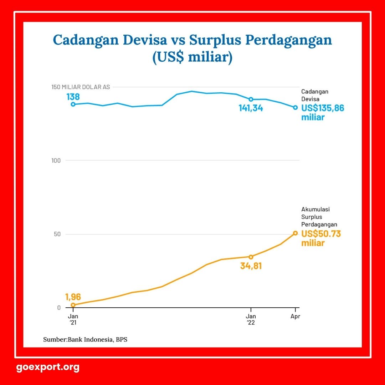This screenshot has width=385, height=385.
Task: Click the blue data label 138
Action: (x=73, y=97)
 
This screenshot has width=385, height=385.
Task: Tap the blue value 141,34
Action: (x=251, y=108)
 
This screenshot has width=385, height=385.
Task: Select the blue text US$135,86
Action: (x=323, y=108)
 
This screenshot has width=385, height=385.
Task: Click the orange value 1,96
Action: (x=73, y=297)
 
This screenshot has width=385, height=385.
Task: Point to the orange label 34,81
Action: (x=251, y=266)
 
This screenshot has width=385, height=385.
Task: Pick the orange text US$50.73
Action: (x=321, y=234)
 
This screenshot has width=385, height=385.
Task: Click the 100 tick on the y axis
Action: (x=56, y=160)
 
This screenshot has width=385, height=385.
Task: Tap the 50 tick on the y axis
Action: (x=57, y=234)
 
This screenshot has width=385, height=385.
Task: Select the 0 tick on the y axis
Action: (x=59, y=308)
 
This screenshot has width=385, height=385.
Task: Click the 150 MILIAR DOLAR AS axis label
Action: (x=81, y=87)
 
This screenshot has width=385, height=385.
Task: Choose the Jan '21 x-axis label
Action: (x=73, y=319)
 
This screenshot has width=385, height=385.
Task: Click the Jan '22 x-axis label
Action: (x=251, y=319)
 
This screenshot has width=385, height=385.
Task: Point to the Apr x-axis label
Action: (x=295, y=317)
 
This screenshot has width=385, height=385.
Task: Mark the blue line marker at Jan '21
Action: (x=73, y=104)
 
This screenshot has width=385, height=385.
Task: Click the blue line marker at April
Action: (x=296, y=108)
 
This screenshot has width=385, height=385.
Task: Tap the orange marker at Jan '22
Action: (x=251, y=257)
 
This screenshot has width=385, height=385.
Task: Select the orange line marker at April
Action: (x=296, y=233)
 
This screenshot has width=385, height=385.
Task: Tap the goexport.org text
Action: (x=48, y=367)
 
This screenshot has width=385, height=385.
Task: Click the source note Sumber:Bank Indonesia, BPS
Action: (x=85, y=340)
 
